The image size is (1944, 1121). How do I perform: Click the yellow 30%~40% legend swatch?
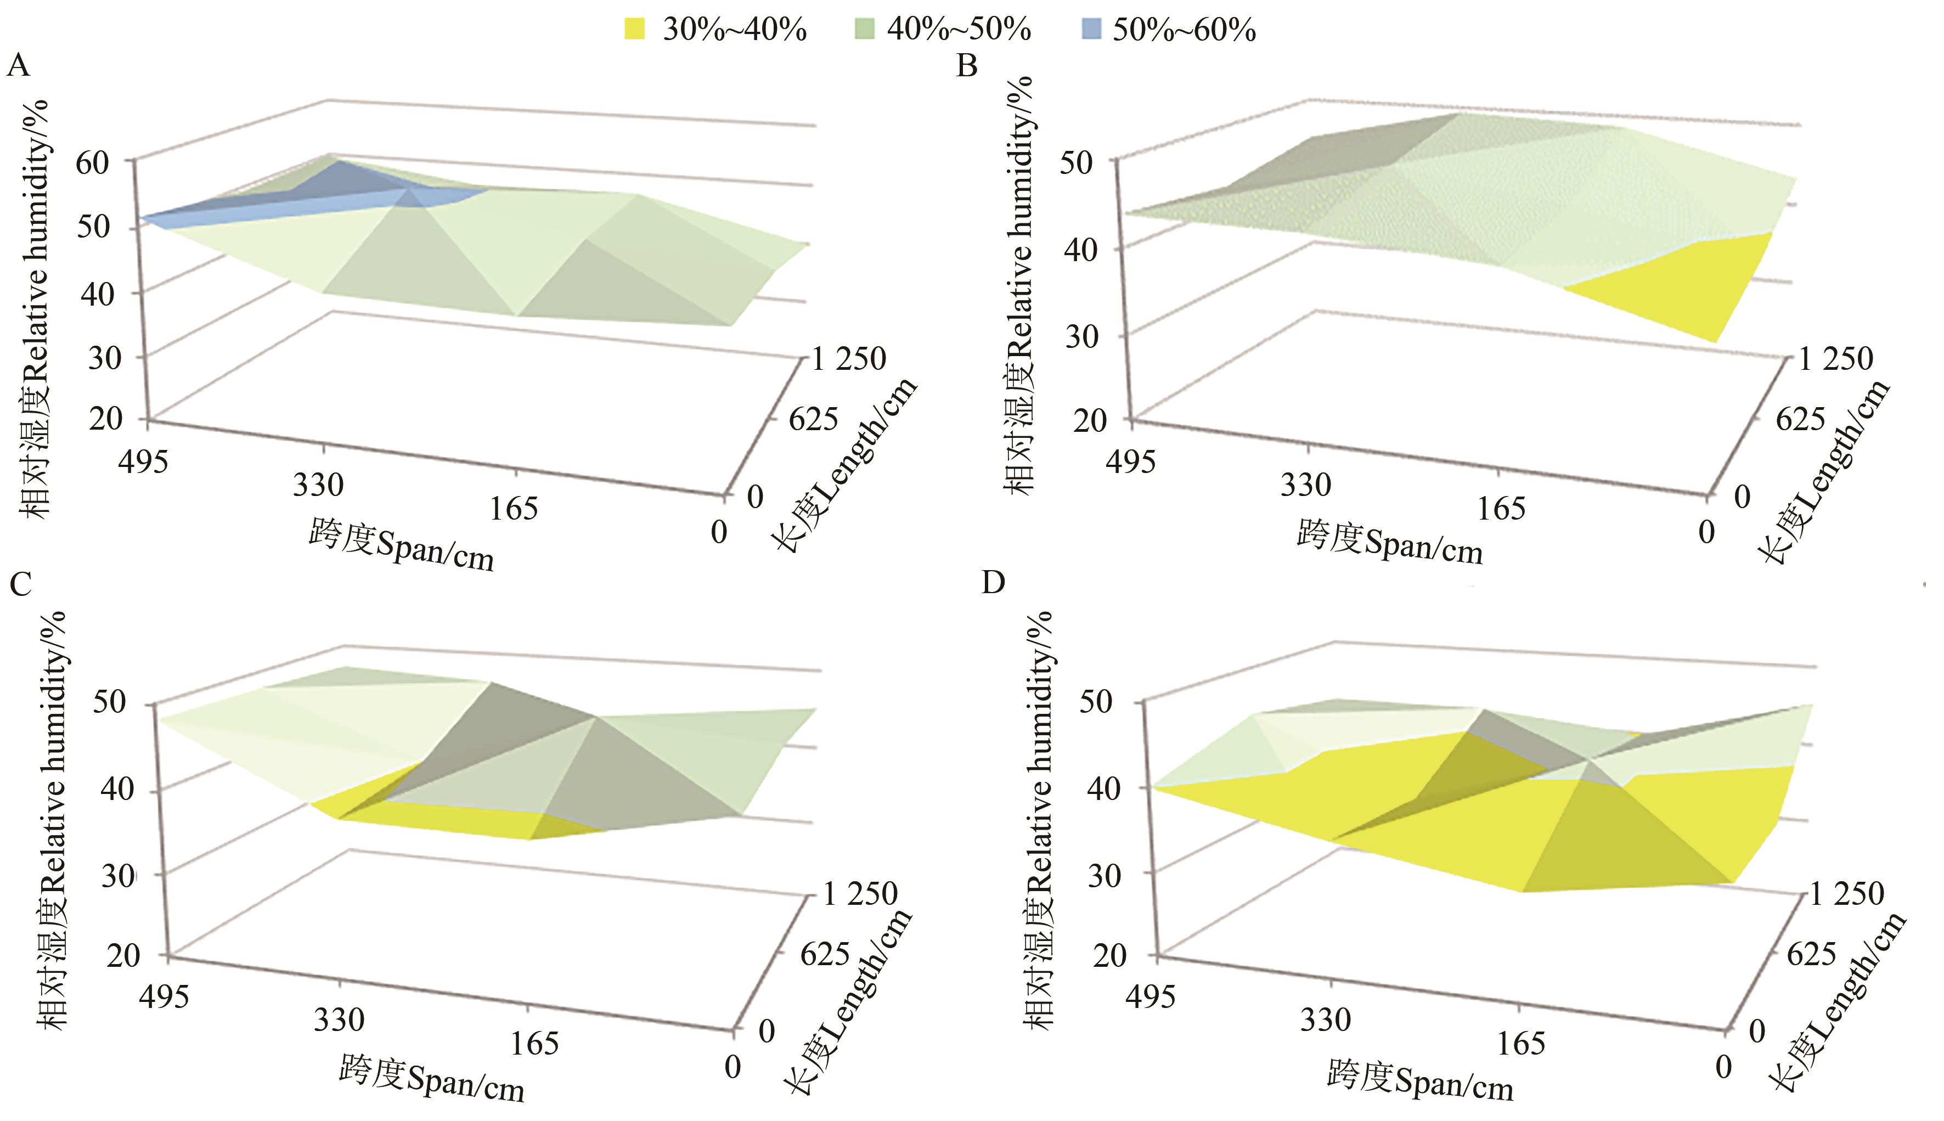[634, 30]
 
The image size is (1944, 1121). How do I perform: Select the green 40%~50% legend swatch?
[865, 30]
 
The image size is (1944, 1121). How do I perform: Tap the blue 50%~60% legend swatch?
[1090, 30]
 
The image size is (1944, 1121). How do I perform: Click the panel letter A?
[19, 66]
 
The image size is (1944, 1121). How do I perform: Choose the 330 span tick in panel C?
[339, 1019]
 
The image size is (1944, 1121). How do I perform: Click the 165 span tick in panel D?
[1520, 1043]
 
